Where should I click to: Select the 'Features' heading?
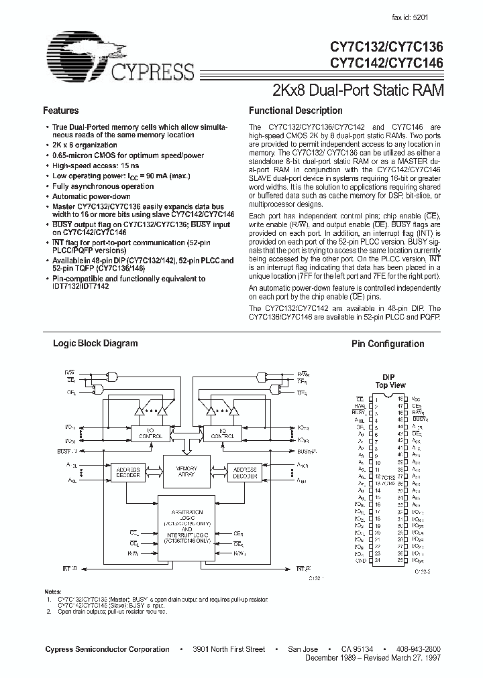click(61, 111)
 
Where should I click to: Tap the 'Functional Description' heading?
click(295, 111)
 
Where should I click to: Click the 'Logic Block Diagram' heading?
click(95, 343)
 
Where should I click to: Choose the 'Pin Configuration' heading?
click(388, 344)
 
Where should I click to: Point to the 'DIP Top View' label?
click(390, 381)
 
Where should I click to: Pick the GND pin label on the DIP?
click(360, 560)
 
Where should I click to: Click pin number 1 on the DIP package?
click(376, 399)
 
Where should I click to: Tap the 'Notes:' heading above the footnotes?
click(52, 591)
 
